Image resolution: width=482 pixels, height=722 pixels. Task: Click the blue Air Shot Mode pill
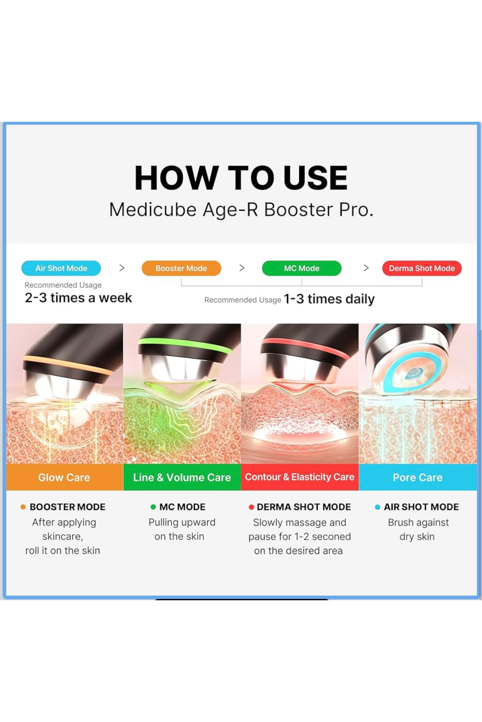[x=61, y=268]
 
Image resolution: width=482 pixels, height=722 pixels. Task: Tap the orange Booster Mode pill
[x=181, y=268]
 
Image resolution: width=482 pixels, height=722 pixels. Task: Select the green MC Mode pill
[x=301, y=268]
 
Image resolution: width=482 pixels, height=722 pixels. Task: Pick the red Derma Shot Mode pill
[x=422, y=268]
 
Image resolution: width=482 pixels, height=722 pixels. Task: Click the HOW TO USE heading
[x=241, y=178]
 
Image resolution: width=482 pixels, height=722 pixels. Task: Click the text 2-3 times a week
[x=78, y=298]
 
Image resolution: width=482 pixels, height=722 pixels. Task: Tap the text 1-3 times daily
[x=329, y=299]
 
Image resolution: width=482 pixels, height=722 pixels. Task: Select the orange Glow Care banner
[x=65, y=477]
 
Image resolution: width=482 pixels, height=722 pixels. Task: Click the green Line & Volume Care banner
[x=182, y=477]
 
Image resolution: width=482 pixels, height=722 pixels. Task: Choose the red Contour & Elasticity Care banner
[x=300, y=477]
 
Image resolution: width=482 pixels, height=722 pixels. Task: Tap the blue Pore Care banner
[x=418, y=477]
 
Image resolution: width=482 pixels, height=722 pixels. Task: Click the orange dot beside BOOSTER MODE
[x=23, y=507]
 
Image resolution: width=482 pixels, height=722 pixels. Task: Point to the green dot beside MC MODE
[x=153, y=507]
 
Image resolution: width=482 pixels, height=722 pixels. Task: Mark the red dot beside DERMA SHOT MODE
[x=251, y=507]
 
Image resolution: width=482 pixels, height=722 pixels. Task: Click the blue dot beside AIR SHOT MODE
[x=377, y=507]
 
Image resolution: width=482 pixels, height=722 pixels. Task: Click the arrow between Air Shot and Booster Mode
[x=122, y=268]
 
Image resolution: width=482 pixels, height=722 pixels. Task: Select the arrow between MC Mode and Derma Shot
[x=366, y=268]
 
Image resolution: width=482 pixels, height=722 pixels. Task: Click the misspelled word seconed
[x=331, y=537]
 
